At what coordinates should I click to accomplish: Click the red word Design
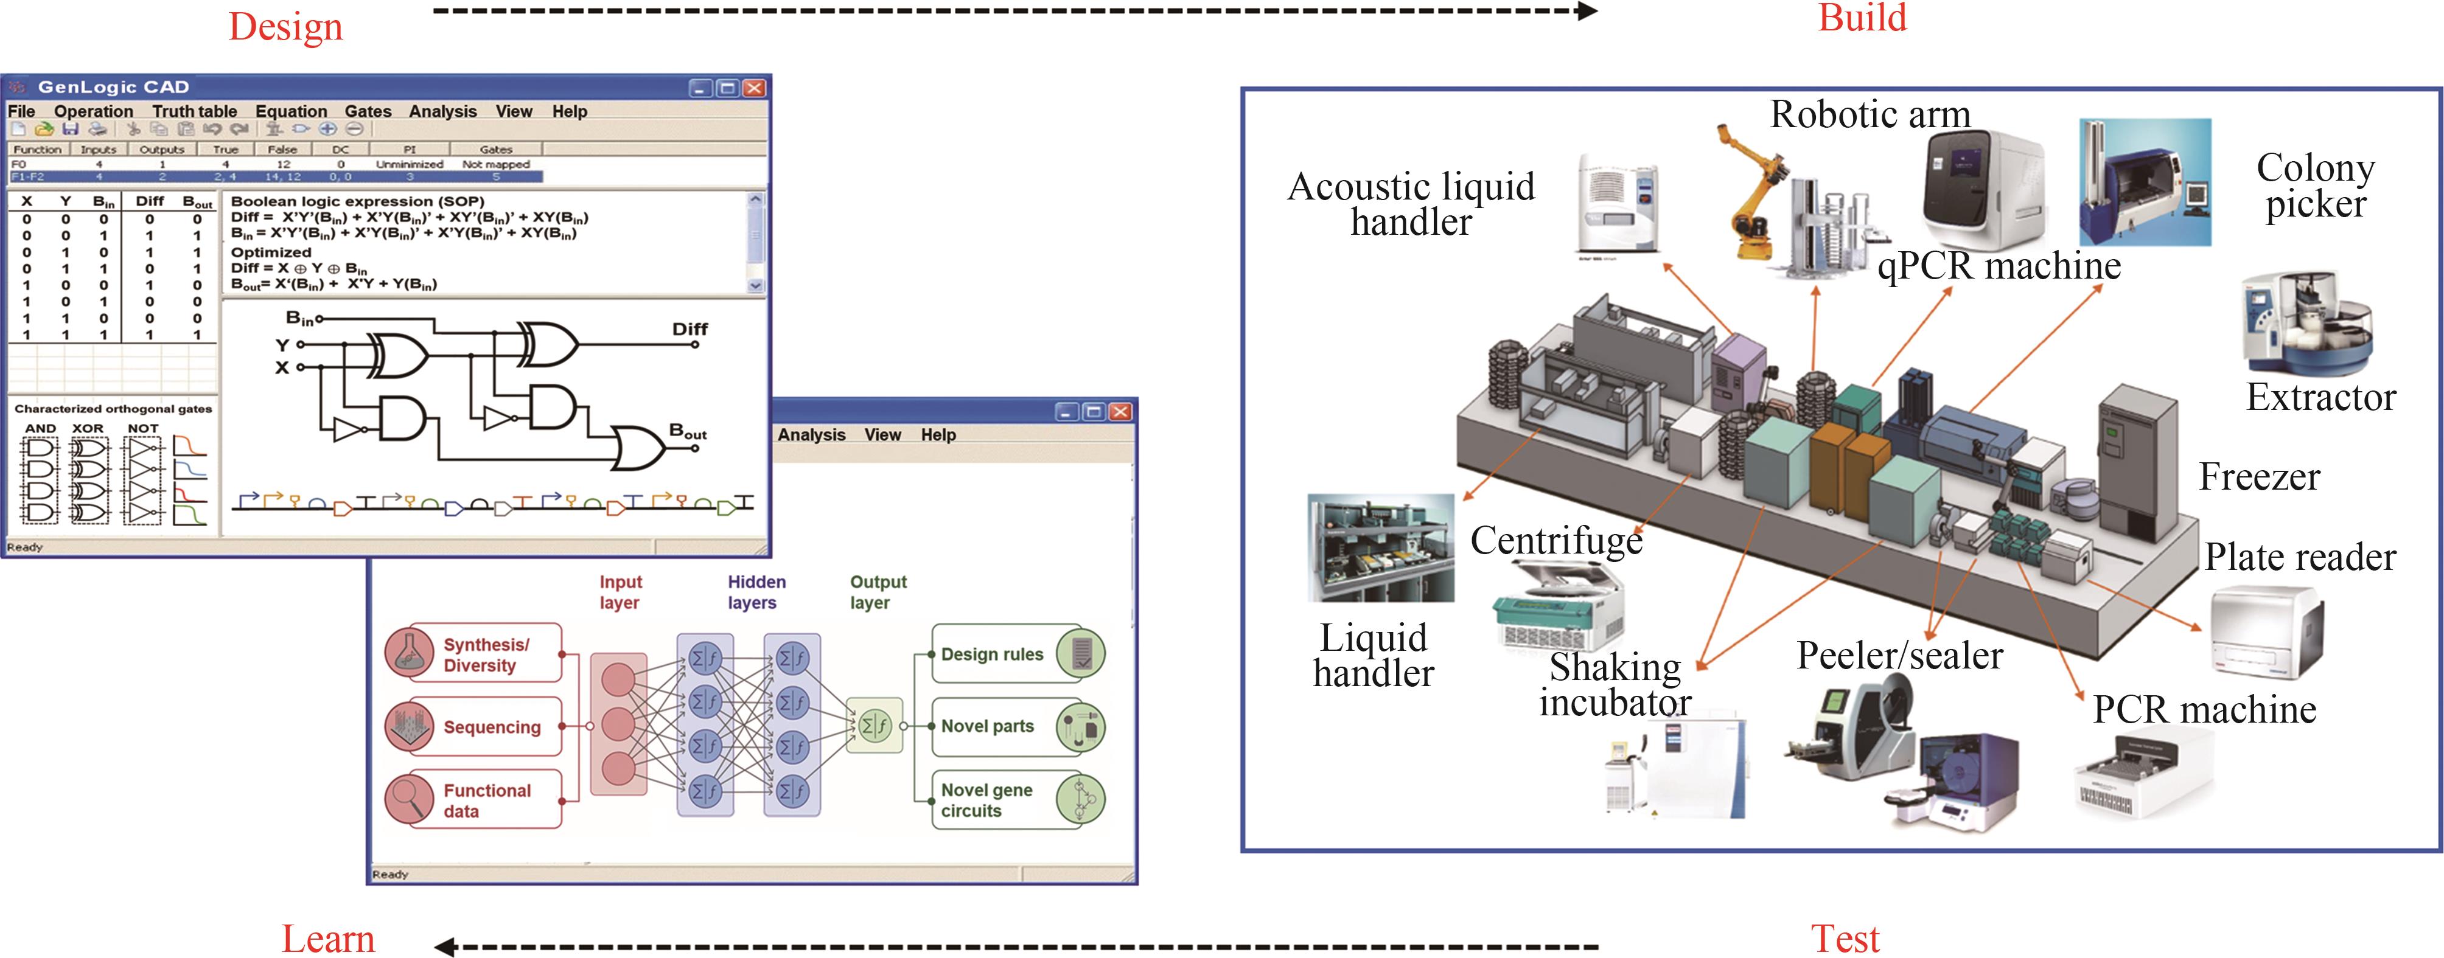[285, 27]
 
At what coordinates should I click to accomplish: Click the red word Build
[1862, 18]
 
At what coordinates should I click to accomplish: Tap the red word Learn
[328, 938]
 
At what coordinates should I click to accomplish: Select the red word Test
[1845, 938]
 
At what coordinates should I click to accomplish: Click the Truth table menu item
[195, 111]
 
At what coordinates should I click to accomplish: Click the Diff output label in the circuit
[690, 329]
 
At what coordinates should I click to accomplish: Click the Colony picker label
[2315, 186]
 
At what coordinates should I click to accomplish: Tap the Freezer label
[2259, 476]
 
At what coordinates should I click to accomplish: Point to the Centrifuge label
[1556, 541]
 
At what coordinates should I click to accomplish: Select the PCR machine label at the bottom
[2204, 709]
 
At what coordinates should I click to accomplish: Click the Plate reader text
[2300, 557]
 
